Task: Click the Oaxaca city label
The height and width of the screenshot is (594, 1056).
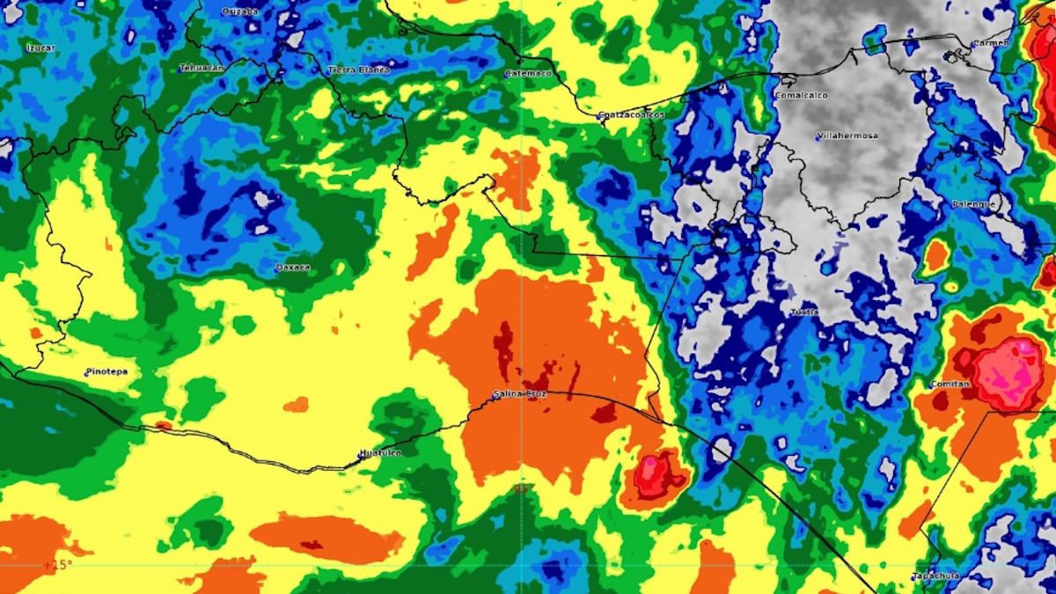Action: [x=293, y=268]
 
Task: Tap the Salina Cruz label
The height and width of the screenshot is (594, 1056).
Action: [x=520, y=394]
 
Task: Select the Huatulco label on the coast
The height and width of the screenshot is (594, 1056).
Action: [x=380, y=453]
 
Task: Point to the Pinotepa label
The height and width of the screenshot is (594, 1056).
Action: [x=106, y=371]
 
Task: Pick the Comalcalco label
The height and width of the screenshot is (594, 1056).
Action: [x=801, y=95]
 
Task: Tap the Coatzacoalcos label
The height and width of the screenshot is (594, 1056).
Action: [x=631, y=115]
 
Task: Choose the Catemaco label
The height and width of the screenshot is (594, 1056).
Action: [x=529, y=74]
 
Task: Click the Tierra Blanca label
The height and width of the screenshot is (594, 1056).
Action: [x=359, y=70]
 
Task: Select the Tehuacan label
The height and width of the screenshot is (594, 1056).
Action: [x=202, y=68]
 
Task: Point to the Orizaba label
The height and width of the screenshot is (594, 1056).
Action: [x=239, y=11]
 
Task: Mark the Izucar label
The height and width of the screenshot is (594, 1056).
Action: [x=40, y=48]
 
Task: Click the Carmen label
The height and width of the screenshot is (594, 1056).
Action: [x=990, y=43]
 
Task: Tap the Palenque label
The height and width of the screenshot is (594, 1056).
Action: [x=974, y=204]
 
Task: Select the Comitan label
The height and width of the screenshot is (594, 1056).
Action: [x=950, y=385]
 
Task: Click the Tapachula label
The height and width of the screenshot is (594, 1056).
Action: [x=935, y=576]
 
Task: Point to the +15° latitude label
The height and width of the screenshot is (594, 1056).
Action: [x=57, y=564]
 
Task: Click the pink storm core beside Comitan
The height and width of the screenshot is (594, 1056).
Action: [x=1009, y=374]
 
